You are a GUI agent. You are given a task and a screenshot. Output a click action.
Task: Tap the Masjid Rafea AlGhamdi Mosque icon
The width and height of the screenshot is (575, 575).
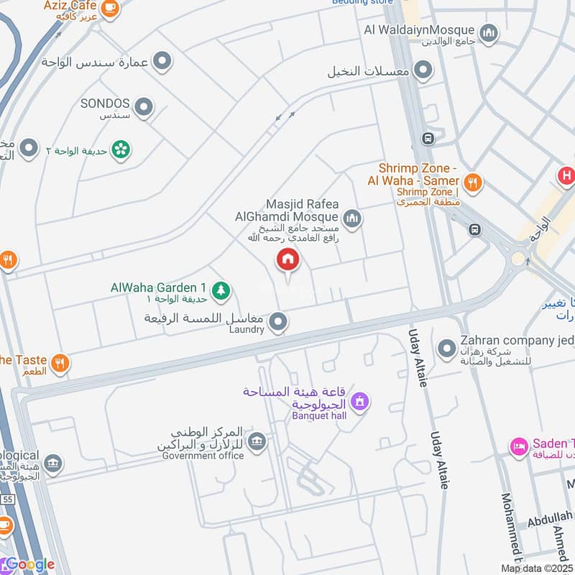351,219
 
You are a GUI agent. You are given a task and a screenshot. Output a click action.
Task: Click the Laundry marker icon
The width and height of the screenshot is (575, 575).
279,322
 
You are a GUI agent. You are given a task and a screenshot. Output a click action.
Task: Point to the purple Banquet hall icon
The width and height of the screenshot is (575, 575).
361,401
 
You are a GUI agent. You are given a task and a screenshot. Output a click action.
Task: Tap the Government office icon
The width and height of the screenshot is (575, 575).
256,441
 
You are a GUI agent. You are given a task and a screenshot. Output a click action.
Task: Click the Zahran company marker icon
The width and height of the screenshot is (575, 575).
448,348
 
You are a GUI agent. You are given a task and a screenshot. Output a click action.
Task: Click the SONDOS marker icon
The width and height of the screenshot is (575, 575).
144,108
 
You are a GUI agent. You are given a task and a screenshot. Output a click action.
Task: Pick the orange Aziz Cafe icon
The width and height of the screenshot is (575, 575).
109,8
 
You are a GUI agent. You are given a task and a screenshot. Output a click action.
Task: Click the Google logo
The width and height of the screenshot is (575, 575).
29,564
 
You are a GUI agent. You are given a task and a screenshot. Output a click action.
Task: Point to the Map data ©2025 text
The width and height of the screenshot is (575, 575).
537,568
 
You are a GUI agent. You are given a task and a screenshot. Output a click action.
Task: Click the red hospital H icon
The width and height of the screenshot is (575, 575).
566,175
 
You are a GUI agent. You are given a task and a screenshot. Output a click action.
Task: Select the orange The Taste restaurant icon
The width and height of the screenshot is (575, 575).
60,363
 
